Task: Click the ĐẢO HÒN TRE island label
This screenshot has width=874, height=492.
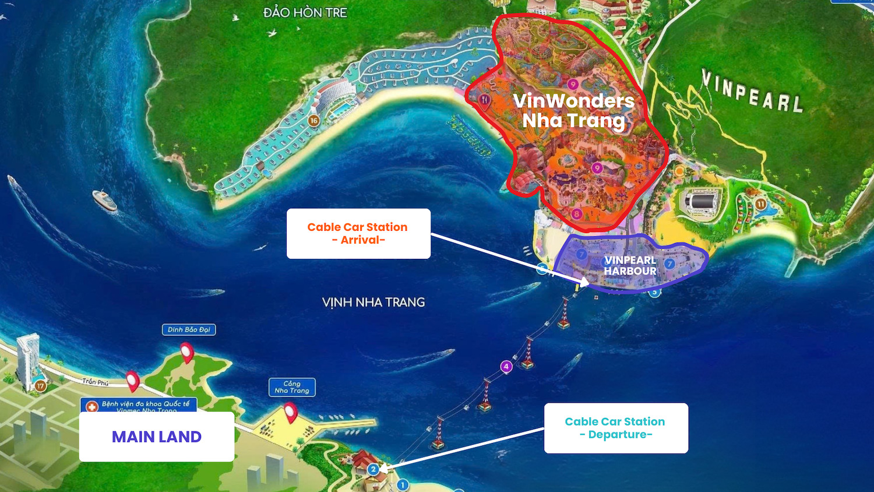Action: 305,12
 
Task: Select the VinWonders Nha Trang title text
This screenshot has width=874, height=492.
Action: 573,111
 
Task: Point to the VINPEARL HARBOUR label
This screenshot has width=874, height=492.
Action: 630,266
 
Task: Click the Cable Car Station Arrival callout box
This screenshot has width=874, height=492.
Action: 358,234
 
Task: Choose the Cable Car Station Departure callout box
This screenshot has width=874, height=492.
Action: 616,428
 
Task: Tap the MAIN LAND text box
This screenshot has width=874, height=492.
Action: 157,437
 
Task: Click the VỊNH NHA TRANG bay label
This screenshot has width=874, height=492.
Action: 373,303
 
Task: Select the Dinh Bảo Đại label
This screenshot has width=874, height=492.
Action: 189,330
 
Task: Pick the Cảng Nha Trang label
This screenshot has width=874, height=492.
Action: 292,387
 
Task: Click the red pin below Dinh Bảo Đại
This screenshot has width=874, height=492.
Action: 186,352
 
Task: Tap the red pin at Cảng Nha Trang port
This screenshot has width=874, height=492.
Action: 290,412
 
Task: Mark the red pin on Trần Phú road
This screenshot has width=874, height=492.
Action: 133,381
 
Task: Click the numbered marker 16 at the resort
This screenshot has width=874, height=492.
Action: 313,121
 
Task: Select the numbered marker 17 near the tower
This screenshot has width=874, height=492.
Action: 40,386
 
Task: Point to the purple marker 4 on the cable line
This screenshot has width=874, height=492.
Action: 506,367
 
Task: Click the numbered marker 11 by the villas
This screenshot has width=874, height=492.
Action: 761,205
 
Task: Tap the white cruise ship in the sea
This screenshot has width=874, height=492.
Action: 105,200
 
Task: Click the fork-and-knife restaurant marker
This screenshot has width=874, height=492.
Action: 484,100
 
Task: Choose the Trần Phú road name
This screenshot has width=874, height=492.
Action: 96,382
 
